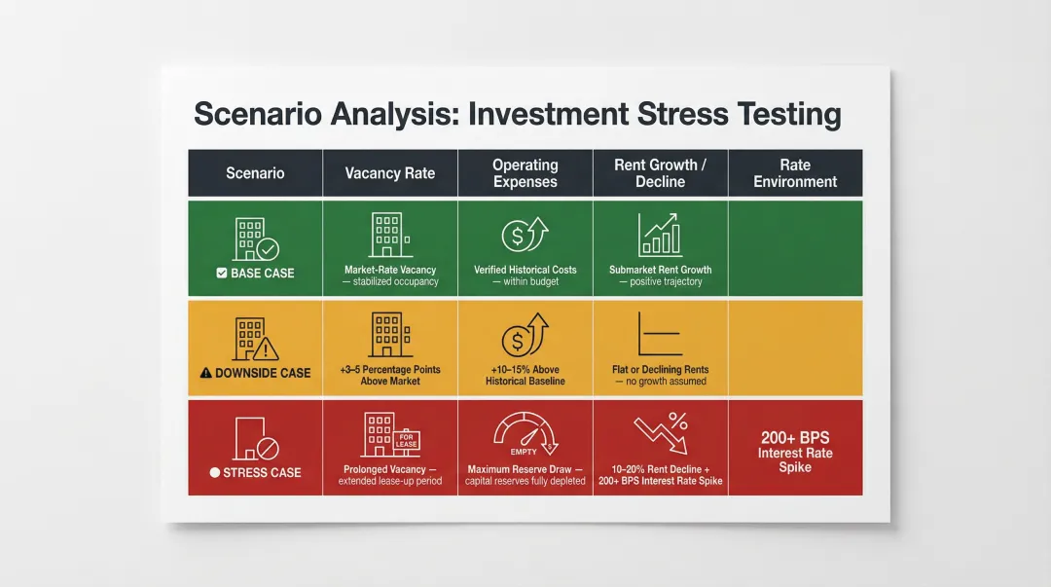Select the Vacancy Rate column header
[389, 173]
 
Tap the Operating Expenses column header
[525, 173]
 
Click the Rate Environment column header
[794, 173]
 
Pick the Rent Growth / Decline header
[660, 173]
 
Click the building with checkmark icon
[256, 238]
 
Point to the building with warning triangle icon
[256, 339]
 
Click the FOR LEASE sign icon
[407, 439]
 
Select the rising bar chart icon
[660, 236]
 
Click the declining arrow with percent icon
[661, 434]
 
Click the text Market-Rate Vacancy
[390, 270]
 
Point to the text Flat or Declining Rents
[661, 370]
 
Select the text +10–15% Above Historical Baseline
[525, 376]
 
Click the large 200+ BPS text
[795, 438]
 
